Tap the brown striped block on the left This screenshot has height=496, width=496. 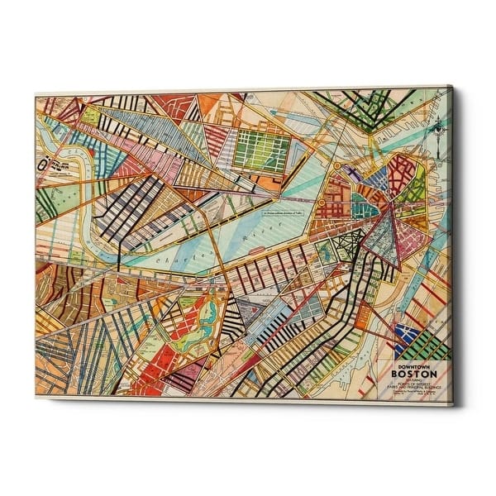point(62,289)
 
